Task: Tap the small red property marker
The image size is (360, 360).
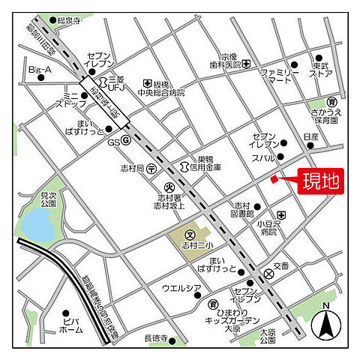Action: (274, 178)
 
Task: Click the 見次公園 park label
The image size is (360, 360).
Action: (49, 199)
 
